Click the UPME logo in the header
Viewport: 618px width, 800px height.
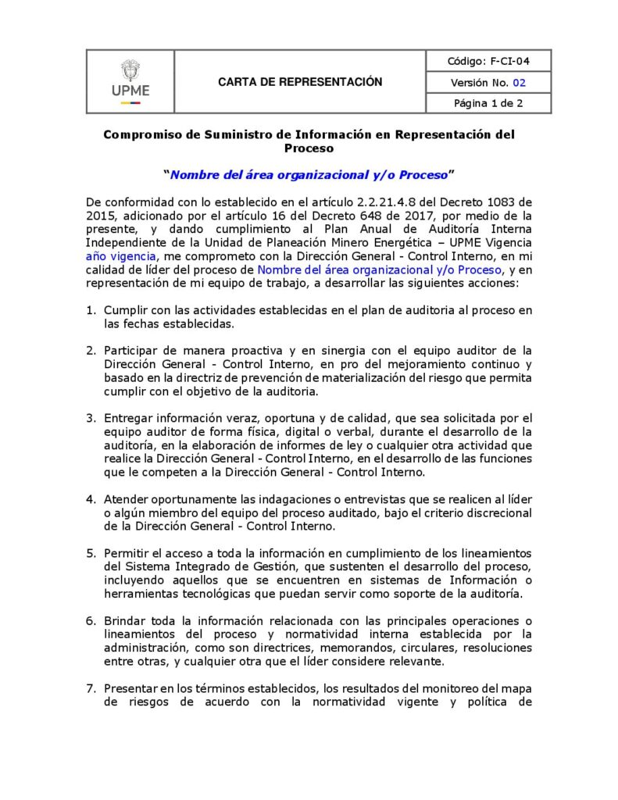130,81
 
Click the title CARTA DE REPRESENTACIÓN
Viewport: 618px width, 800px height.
300,82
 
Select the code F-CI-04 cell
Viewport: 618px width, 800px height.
488,61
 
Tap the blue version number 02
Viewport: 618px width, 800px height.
520,82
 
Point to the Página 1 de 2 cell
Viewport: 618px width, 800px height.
488,103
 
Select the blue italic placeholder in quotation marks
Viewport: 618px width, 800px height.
309,174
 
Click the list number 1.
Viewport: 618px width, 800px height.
91,310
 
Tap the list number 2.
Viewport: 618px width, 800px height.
91,350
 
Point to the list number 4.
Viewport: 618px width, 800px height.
91,498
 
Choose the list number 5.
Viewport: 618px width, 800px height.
91,553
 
